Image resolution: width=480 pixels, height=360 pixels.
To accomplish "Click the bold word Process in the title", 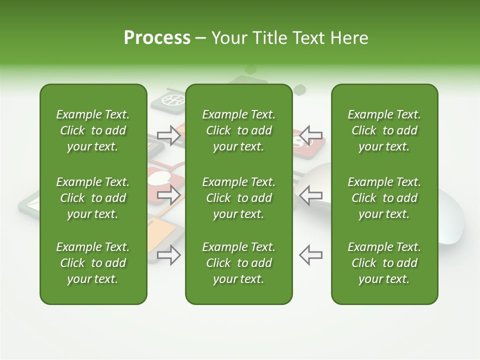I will [x=157, y=38].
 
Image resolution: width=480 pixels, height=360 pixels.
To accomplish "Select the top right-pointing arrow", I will [x=168, y=135].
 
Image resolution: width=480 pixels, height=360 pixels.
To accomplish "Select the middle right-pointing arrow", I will [x=168, y=195].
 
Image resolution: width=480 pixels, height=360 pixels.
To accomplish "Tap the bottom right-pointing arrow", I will [x=168, y=254].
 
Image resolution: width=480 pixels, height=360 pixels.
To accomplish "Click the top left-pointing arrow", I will [x=310, y=135].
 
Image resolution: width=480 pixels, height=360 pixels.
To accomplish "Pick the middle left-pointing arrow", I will [x=310, y=195].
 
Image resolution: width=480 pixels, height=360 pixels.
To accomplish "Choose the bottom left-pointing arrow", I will [x=310, y=254].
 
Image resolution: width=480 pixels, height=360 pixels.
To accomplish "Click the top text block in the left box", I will [x=93, y=130].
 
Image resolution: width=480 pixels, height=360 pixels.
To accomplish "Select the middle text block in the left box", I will [x=93, y=198].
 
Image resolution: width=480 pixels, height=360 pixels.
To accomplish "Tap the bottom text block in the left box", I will [x=93, y=263].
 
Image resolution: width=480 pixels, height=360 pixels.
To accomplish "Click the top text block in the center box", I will [x=238, y=130].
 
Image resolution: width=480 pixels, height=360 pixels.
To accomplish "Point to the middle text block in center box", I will [x=238, y=198].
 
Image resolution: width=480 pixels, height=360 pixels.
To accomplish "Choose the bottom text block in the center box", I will [x=238, y=263].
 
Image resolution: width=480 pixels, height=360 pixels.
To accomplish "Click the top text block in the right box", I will [x=384, y=130].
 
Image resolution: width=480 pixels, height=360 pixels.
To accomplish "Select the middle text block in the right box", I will [x=384, y=198].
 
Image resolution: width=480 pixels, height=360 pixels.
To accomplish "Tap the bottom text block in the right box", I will [x=384, y=263].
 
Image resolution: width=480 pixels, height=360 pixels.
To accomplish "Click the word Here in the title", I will [x=349, y=38].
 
